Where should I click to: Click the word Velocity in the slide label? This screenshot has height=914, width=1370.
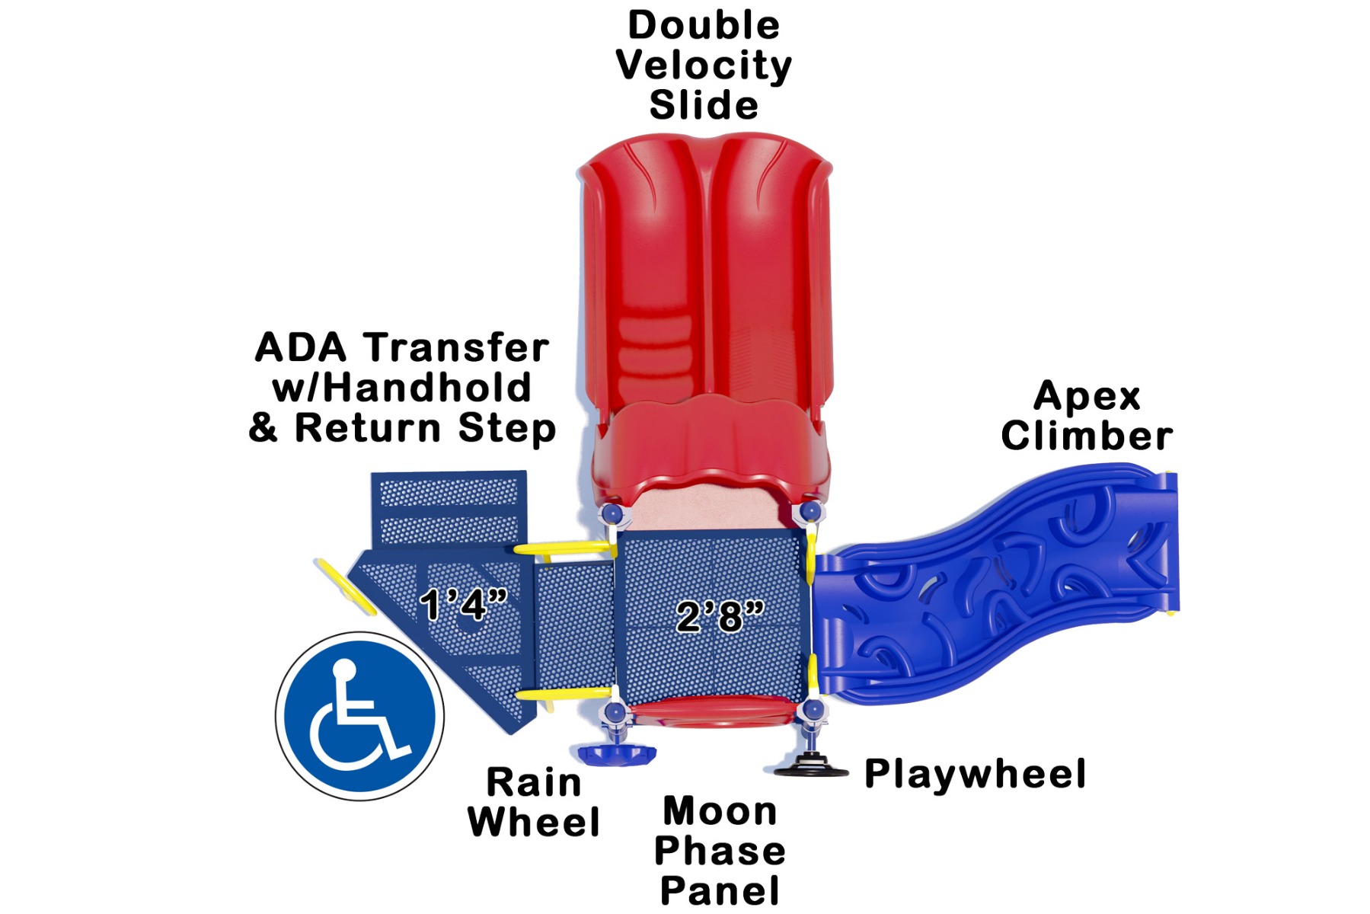[x=704, y=66]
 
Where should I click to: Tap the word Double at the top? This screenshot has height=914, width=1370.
[x=704, y=25]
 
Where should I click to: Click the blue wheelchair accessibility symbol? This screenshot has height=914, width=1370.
[x=360, y=716]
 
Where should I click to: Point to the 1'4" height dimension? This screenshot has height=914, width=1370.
[x=464, y=605]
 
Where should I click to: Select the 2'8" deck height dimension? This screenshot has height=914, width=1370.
[x=720, y=615]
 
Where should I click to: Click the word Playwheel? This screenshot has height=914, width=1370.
[x=975, y=775]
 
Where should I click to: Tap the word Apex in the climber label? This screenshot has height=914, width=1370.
[x=1087, y=397]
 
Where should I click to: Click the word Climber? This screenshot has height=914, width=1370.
[x=1087, y=436]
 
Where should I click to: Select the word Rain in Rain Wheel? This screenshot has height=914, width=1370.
[x=534, y=782]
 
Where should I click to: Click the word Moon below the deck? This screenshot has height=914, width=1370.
[x=720, y=811]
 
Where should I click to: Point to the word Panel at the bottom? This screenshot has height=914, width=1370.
[x=720, y=890]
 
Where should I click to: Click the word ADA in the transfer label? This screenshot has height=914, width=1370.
[x=300, y=348]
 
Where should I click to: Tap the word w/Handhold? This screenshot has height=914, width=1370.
[x=401, y=388]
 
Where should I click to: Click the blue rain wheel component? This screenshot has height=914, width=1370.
[x=617, y=754]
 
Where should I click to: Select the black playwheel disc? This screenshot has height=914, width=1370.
[x=811, y=766]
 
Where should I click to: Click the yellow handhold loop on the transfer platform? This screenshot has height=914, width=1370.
[x=346, y=586]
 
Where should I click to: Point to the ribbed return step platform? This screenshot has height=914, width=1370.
[x=449, y=509]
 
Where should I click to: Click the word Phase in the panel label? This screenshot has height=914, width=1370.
[x=720, y=851]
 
